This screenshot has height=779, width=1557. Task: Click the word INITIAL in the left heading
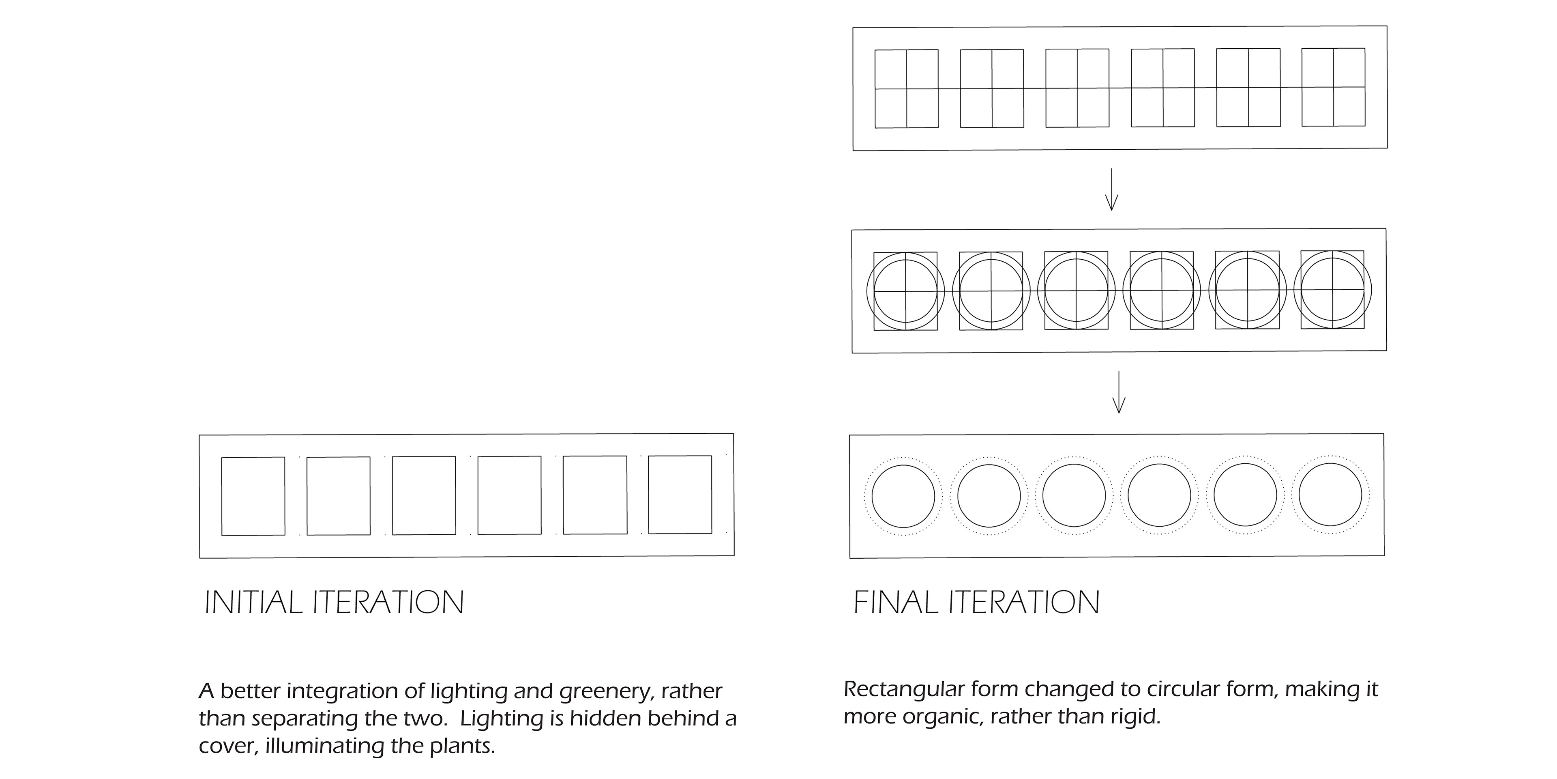point(253,603)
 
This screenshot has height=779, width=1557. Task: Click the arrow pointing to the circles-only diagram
point(1119,392)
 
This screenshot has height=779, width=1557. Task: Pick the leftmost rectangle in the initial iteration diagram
point(253,496)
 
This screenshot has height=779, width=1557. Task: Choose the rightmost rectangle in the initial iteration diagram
point(680,495)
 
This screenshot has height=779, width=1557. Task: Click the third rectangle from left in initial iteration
point(424,495)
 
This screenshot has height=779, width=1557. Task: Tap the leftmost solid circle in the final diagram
point(903,496)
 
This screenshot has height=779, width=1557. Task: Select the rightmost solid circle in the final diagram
point(1330,495)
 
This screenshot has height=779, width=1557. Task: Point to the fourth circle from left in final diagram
point(1159,495)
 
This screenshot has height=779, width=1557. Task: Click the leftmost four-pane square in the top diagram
point(907,89)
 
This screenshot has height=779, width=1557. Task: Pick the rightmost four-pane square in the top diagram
point(1333,87)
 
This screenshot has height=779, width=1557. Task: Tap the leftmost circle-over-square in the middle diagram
point(905,291)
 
